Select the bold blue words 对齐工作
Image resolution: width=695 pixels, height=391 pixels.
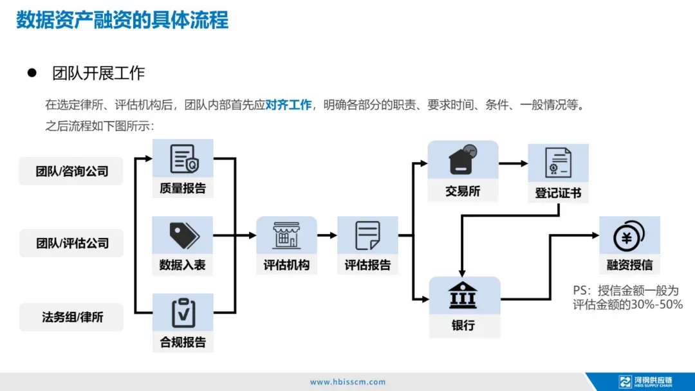(288, 104)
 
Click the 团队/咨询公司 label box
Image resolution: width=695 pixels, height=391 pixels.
(71, 172)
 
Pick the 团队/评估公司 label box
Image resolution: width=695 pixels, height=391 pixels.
(71, 243)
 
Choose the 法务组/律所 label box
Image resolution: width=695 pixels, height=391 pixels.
(71, 316)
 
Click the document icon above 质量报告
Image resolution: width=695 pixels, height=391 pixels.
(183, 159)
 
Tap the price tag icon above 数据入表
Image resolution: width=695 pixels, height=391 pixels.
(183, 235)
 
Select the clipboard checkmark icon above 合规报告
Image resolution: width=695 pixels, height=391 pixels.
(183, 313)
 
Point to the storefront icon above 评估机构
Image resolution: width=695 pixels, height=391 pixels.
(286, 235)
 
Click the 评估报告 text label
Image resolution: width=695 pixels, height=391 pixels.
(367, 265)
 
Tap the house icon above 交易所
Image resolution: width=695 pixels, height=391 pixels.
(463, 159)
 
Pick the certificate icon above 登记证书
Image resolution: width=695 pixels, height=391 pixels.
(558, 162)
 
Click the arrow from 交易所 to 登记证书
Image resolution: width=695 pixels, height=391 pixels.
(513, 163)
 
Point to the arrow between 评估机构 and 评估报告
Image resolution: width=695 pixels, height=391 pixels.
(327, 235)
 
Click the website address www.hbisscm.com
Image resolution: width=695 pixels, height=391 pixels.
(347, 382)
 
